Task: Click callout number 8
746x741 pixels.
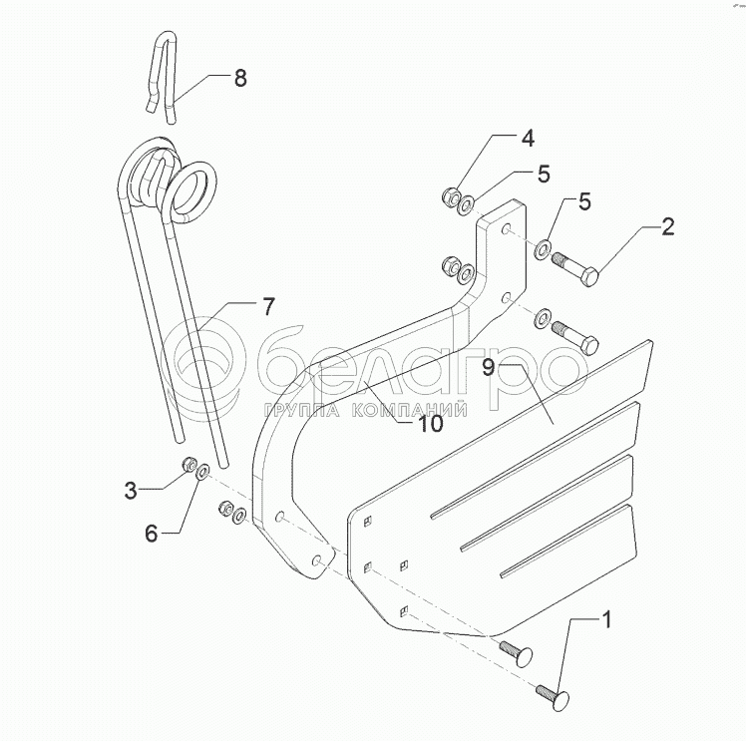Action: (x=240, y=78)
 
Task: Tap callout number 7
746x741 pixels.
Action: (x=268, y=306)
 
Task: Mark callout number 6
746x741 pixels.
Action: (x=152, y=534)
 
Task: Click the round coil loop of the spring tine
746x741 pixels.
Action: (x=192, y=188)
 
